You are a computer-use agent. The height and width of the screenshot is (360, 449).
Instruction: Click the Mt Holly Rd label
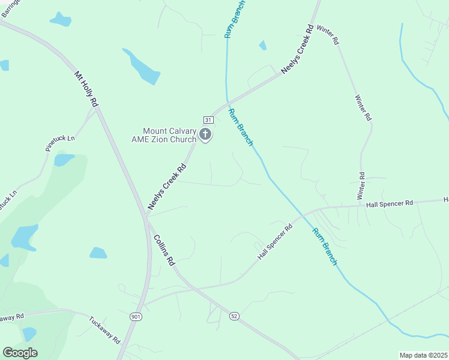click(86, 90)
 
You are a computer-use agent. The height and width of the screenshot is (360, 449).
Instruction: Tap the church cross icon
click(205, 134)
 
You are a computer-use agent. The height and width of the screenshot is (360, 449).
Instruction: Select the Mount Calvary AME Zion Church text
click(169, 135)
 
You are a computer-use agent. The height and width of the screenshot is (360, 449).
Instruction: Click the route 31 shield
click(208, 119)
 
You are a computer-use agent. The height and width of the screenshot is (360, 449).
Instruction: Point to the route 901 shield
click(137, 316)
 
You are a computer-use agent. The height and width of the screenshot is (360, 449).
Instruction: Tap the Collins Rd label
click(164, 250)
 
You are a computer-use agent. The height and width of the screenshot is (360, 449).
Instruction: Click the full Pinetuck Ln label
click(60, 146)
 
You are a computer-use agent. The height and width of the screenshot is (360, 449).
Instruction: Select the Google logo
click(20, 353)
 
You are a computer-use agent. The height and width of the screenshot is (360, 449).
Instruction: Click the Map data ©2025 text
click(423, 355)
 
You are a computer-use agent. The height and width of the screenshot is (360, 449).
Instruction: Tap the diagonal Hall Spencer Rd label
click(274, 242)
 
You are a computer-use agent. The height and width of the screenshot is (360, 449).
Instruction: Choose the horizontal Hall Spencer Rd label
click(390, 204)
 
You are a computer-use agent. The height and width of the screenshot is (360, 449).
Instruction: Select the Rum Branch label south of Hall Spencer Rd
click(324, 246)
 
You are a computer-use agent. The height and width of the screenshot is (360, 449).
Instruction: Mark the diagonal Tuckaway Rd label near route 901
click(104, 330)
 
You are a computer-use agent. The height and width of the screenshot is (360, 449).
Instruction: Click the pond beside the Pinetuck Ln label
click(63, 160)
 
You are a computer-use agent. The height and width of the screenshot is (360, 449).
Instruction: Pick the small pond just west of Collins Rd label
click(98, 253)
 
